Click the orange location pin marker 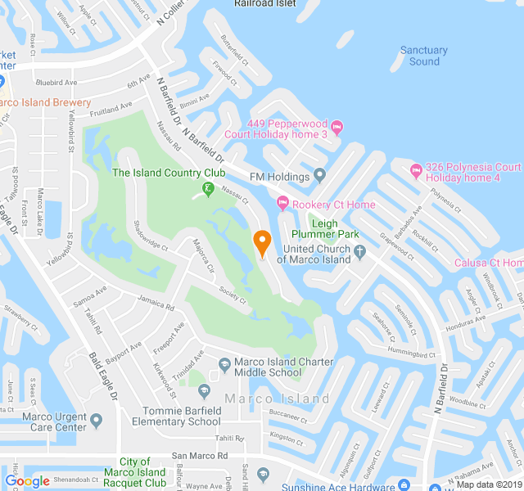262,243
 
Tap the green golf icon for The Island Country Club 208,191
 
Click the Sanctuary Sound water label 424,56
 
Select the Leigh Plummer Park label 335,228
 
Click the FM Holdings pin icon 320,176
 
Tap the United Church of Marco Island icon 359,254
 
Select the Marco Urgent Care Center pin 97,421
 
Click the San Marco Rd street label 200,455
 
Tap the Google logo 27,481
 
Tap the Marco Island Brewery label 45,103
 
